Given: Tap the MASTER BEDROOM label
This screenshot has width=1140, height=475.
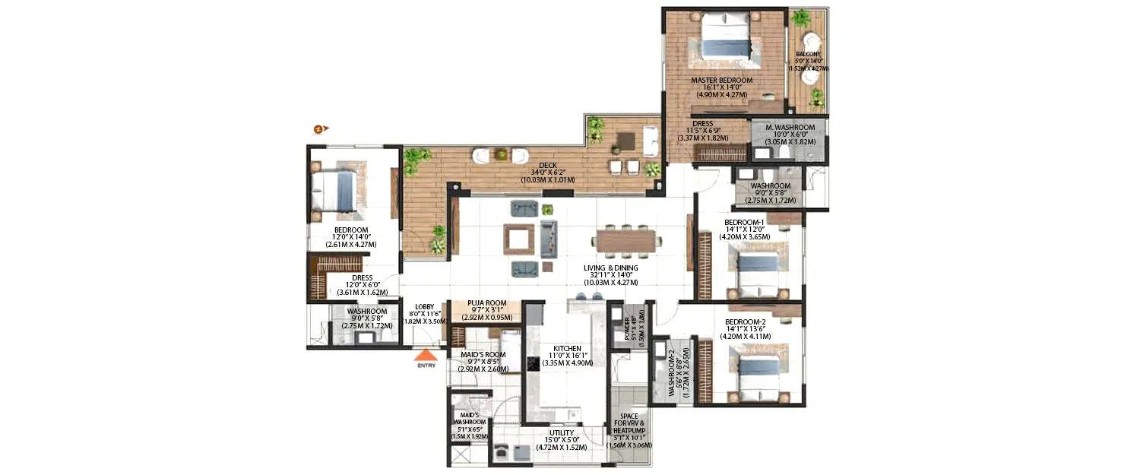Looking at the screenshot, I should click(x=721, y=80).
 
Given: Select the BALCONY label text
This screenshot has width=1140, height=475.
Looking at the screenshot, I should click(x=808, y=54).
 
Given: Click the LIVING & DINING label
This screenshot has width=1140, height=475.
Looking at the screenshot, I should click(x=610, y=268).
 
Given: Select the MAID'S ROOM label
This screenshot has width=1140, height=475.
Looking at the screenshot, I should click(x=483, y=354).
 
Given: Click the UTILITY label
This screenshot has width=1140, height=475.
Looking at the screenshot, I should click(x=562, y=433).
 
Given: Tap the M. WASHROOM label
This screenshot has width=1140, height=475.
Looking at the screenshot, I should click(x=790, y=128).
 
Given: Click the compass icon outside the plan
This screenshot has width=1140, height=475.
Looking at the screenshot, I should click(x=321, y=128).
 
